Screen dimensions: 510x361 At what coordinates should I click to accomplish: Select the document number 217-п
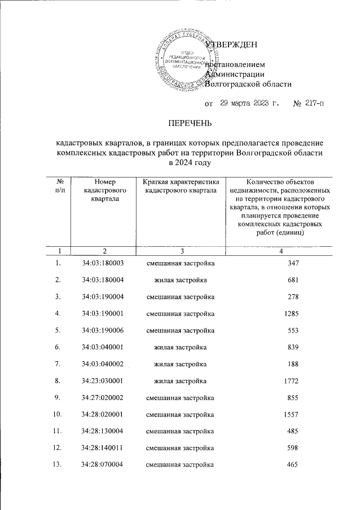314,104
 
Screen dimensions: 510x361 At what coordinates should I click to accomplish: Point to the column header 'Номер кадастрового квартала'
105,190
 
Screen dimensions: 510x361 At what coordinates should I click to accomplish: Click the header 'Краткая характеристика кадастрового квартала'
180,186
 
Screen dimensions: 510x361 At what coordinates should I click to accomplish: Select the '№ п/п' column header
60,186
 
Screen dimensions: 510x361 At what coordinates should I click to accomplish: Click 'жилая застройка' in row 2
180,280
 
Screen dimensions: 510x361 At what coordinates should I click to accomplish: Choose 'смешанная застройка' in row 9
180,398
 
